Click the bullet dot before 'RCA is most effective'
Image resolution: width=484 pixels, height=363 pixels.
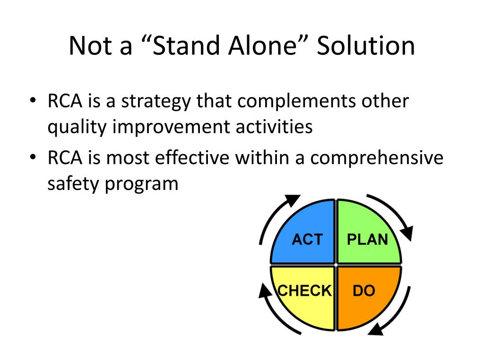point(32,158)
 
